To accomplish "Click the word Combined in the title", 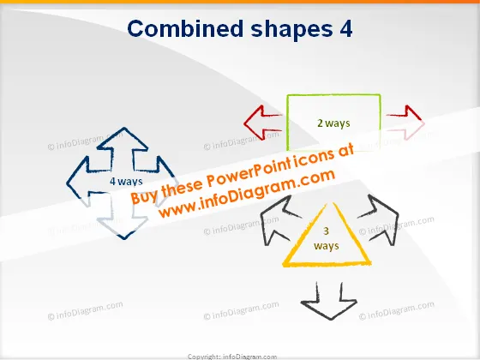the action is [185, 28].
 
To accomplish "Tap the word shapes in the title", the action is [291, 30].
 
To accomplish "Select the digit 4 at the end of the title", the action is [346, 29].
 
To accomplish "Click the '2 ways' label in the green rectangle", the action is [333, 123].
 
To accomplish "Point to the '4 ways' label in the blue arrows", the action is [126, 181].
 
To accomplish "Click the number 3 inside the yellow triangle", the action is [326, 231].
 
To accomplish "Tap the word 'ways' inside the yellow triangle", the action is [327, 246].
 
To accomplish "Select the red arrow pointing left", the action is [262, 123].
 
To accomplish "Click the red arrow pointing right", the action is [405, 123].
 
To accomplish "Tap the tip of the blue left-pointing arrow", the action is [67, 183].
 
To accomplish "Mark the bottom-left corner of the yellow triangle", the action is [284, 265].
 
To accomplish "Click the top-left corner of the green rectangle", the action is [287, 96].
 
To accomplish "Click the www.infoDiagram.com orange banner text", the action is [247, 194].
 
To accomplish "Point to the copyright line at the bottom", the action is [232, 357].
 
